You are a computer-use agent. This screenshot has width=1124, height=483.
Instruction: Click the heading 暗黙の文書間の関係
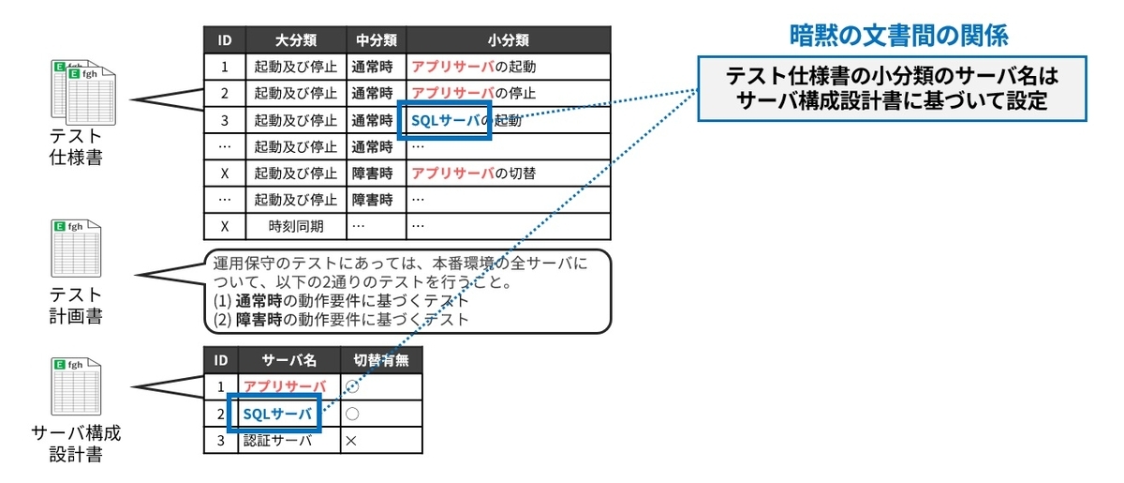click(898, 37)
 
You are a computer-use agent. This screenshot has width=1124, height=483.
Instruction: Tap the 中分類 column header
click(376, 40)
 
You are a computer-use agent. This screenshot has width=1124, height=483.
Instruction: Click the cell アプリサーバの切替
click(486, 174)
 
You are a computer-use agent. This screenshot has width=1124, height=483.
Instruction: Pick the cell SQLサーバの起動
click(466, 121)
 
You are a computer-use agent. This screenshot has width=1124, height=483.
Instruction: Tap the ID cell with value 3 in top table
click(224, 121)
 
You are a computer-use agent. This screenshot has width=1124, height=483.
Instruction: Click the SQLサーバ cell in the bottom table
click(274, 414)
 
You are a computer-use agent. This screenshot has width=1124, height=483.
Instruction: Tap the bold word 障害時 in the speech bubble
click(259, 319)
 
